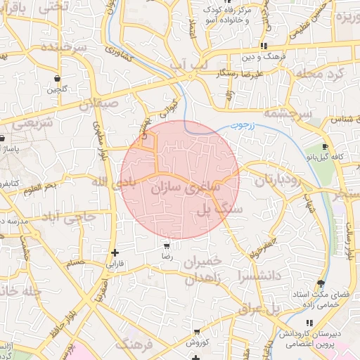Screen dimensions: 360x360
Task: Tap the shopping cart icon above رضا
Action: pyautogui.click(x=166, y=246)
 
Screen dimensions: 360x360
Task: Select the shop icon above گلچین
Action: pyautogui.click(x=56, y=78)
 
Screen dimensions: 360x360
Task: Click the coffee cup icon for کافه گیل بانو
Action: pyautogui.click(x=325, y=146)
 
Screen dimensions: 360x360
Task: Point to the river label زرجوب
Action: pyautogui.click(x=243, y=127)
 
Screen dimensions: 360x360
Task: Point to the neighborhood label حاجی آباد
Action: pyautogui.click(x=69, y=217)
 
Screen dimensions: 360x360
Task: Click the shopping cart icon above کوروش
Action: pyautogui.click(x=197, y=331)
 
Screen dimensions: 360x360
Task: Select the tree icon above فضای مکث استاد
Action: pyautogui.click(x=321, y=283)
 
